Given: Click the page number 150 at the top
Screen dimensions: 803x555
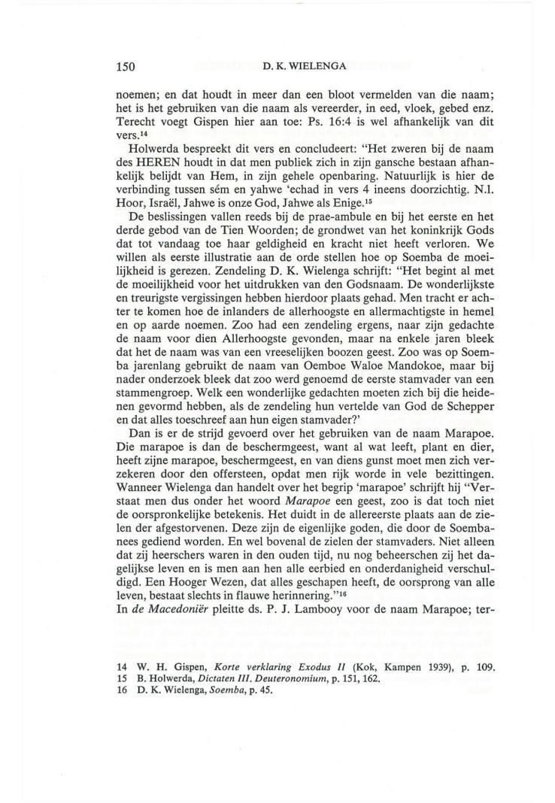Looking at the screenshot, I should pyautogui.click(x=125, y=67).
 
